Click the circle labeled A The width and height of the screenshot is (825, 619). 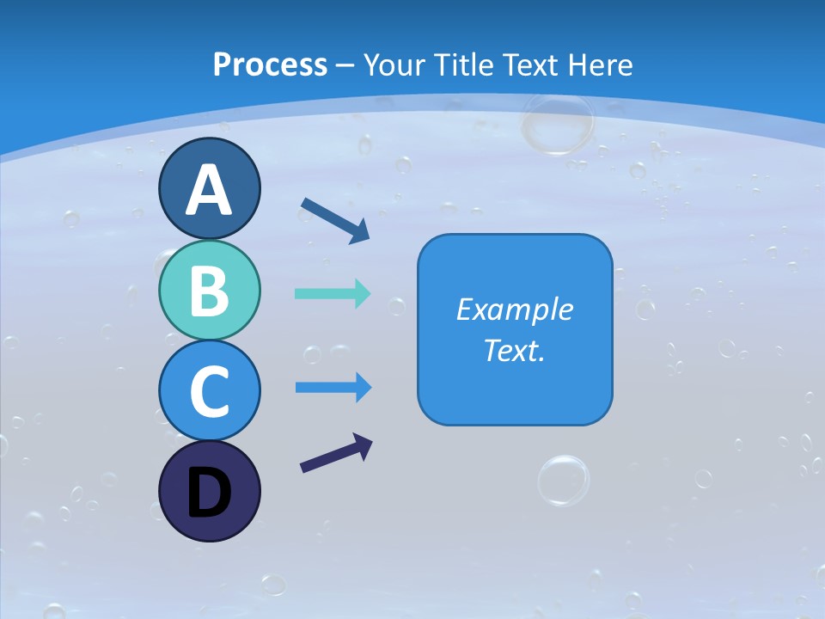(x=209, y=188)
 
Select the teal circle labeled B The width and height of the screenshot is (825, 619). (x=209, y=291)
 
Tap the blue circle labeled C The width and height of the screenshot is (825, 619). (x=209, y=390)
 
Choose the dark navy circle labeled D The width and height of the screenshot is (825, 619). (x=209, y=491)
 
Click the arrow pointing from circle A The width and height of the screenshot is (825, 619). (x=335, y=220)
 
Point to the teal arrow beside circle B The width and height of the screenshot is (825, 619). (x=333, y=293)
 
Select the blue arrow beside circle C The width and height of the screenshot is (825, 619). (x=333, y=388)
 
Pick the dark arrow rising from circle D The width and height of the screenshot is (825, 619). (x=336, y=453)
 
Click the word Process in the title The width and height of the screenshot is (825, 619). (x=270, y=64)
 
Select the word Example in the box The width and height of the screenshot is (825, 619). (x=514, y=309)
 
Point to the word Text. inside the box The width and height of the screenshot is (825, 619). (x=514, y=350)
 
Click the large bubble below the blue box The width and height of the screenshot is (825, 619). (x=564, y=480)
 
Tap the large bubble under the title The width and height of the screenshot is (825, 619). (x=558, y=123)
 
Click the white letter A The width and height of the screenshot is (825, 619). (x=209, y=190)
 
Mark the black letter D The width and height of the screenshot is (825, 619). (x=209, y=493)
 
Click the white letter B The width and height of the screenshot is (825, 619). (x=209, y=291)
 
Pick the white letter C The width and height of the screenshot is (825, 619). (x=209, y=391)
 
